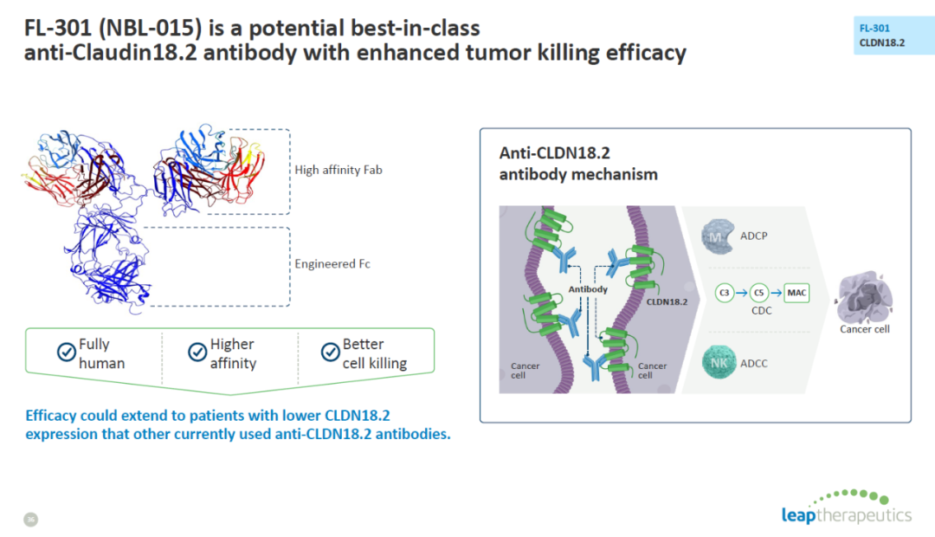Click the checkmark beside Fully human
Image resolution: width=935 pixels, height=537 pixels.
pyautogui.click(x=66, y=352)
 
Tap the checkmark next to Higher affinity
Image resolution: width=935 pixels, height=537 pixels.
pyautogui.click(x=197, y=352)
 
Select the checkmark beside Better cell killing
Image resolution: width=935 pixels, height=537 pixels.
pyautogui.click(x=331, y=352)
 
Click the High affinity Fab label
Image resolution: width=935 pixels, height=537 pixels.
pyautogui.click(x=339, y=170)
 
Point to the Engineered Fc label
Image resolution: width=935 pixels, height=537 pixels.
pyautogui.click(x=332, y=263)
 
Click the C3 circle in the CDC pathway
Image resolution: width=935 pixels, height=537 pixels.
pyautogui.click(x=724, y=293)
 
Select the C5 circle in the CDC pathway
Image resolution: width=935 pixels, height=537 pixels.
pyautogui.click(x=758, y=293)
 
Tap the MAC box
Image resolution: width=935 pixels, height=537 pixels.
pyautogui.click(x=796, y=293)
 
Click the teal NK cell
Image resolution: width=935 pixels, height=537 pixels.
pyautogui.click(x=719, y=362)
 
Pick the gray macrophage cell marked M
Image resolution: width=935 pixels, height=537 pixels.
pyautogui.click(x=718, y=236)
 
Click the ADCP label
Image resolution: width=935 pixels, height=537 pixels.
pyautogui.click(x=754, y=236)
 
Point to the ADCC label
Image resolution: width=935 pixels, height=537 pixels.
pyautogui.click(x=754, y=364)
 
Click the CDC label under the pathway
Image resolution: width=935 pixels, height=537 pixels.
pyautogui.click(x=762, y=311)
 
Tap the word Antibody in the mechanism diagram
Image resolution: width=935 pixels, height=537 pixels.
pyautogui.click(x=588, y=289)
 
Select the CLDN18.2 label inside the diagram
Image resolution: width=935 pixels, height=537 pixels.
pyautogui.click(x=667, y=302)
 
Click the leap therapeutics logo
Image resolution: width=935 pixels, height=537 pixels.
pyautogui.click(x=847, y=508)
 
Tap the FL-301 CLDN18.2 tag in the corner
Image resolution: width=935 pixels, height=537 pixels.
pyautogui.click(x=893, y=36)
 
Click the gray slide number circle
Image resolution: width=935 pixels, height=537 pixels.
pyautogui.click(x=30, y=520)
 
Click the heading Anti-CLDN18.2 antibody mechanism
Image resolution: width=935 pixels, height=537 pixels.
pyautogui.click(x=578, y=164)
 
